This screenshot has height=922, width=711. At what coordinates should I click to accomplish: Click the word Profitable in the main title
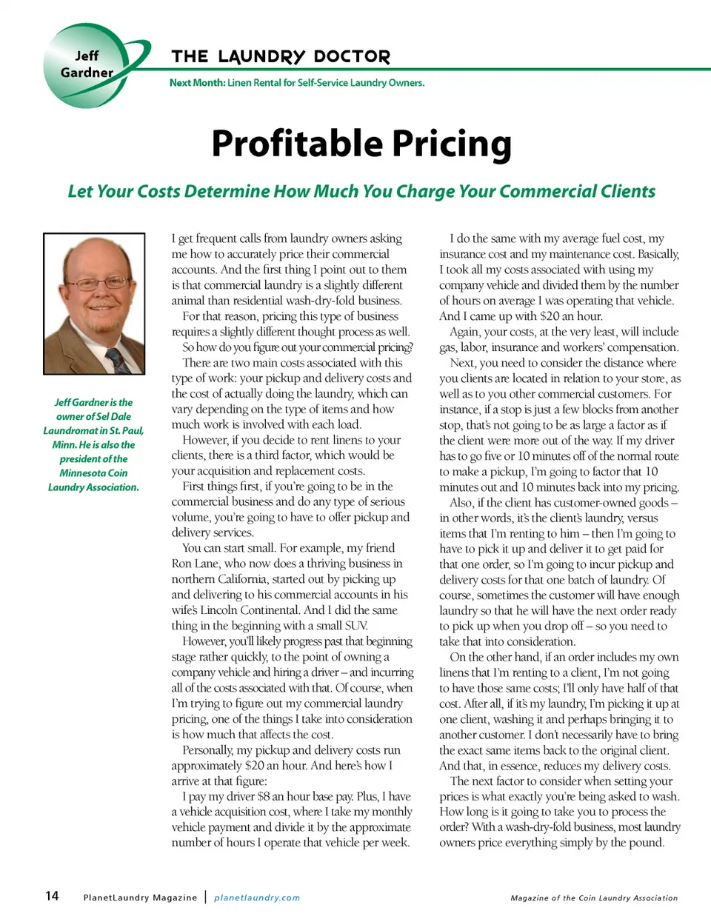(296, 144)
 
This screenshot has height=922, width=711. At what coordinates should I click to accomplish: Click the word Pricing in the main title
(451, 144)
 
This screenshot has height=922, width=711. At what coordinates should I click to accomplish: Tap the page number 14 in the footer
(52, 896)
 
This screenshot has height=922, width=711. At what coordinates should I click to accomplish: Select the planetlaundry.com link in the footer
(257, 898)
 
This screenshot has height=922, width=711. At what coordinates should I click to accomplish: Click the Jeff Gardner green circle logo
(87, 65)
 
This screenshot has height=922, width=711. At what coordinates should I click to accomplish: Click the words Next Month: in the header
(197, 83)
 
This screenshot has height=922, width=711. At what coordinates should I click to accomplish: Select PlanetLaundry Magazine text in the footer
(140, 898)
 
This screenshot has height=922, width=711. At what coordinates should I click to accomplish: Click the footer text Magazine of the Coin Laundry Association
(594, 898)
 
